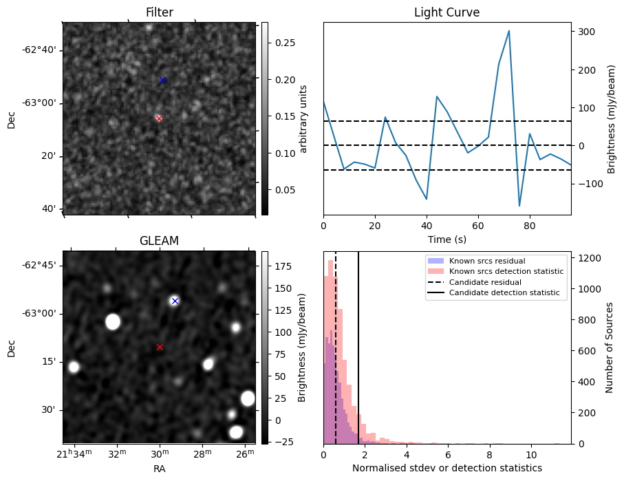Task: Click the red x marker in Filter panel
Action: [159, 118]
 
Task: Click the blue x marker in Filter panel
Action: [162, 80]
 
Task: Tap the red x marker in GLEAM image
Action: [160, 348]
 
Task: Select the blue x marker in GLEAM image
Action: [175, 301]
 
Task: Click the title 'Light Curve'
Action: [447, 13]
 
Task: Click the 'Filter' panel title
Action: [159, 13]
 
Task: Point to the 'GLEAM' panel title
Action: [159, 241]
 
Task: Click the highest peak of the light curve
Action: [508, 31]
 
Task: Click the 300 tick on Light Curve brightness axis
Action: [584, 32]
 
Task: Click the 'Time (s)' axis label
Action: [447, 238]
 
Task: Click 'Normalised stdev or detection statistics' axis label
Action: [447, 468]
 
